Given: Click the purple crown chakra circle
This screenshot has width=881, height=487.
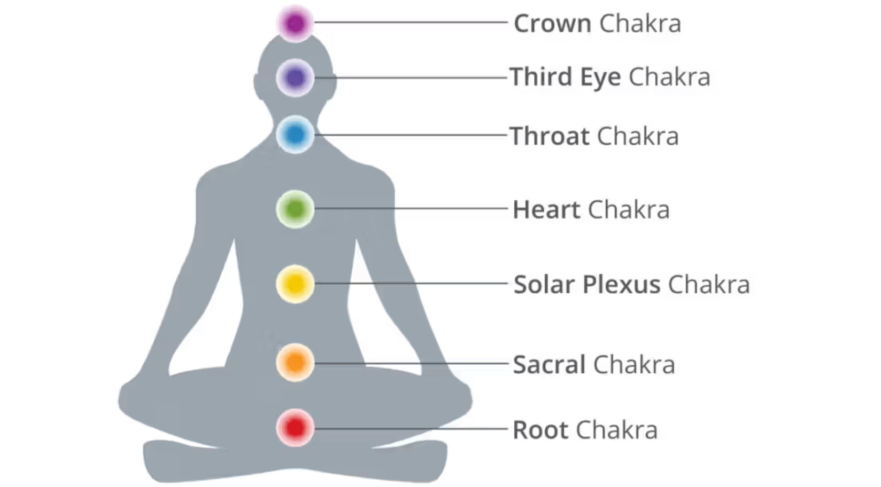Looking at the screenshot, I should pyautogui.click(x=295, y=23).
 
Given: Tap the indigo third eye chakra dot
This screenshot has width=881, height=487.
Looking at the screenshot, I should pyautogui.click(x=295, y=78).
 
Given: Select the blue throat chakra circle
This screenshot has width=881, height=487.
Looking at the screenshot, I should pyautogui.click(x=295, y=135).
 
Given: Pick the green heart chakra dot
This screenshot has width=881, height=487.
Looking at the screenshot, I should pyautogui.click(x=295, y=209).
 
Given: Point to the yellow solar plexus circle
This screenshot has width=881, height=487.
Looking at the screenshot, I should pyautogui.click(x=295, y=284).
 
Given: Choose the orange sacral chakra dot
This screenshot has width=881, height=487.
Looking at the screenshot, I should pyautogui.click(x=295, y=363).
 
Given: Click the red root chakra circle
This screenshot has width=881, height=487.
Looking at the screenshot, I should pyautogui.click(x=295, y=428).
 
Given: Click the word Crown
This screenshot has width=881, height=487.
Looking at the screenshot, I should pyautogui.click(x=552, y=24).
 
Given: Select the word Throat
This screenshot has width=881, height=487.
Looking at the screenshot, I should pyautogui.click(x=549, y=136).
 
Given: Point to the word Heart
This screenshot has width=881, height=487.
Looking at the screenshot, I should pyautogui.click(x=546, y=210).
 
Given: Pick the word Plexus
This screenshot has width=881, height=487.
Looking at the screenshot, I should pyautogui.click(x=621, y=285).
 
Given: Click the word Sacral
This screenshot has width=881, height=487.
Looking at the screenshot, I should pyautogui.click(x=549, y=365).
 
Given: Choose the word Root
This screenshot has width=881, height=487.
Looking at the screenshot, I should pyautogui.click(x=540, y=430).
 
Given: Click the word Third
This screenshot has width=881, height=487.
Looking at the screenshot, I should pyautogui.click(x=540, y=77).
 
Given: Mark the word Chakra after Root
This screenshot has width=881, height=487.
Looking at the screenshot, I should pyautogui.click(x=616, y=430).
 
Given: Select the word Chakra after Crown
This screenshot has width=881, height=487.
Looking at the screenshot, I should pyautogui.click(x=640, y=24).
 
